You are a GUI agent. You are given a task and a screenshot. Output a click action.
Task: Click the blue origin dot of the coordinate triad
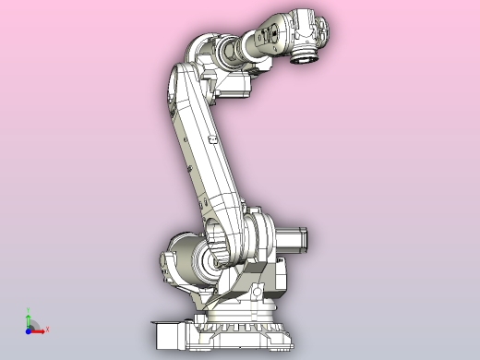click(29, 329)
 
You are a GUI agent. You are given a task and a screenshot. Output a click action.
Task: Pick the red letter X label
click(47, 329)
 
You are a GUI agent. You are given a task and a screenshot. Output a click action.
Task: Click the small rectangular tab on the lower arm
click(212, 138)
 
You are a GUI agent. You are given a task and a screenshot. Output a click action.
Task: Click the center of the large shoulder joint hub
click(222, 246)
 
